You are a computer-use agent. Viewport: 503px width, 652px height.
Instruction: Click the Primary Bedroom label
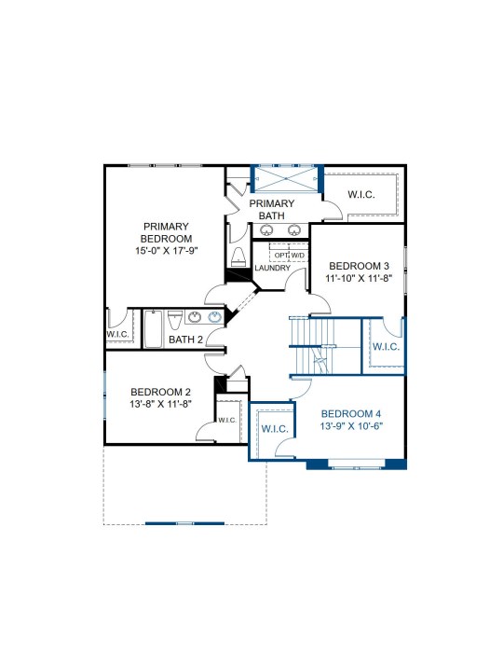pos(166,232)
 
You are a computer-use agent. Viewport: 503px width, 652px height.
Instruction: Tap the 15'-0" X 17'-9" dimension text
pos(166,251)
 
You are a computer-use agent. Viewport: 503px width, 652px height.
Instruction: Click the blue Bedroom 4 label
pos(351,414)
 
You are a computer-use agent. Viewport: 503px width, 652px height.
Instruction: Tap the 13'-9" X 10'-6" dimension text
pos(351,426)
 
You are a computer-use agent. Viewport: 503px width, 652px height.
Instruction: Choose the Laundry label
pos(273,269)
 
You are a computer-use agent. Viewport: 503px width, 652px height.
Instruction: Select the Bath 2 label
pos(185,340)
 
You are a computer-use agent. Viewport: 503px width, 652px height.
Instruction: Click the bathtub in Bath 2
pos(154,328)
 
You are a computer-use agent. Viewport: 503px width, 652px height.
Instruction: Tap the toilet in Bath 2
pos(175,320)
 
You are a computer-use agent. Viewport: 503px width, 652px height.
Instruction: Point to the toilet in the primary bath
pos(238,257)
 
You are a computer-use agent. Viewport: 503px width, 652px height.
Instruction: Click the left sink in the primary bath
pos(266,229)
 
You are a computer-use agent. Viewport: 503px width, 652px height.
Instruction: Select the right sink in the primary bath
pos(294,229)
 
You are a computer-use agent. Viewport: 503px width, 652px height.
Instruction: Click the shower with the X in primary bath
pos(286,179)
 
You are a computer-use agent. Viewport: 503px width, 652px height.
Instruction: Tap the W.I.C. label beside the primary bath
pos(361,194)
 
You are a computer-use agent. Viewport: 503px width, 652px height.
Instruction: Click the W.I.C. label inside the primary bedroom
pos(117,334)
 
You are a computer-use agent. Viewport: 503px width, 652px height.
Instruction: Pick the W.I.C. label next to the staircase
pos(386,347)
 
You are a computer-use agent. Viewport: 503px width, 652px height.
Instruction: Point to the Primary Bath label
pos(272,210)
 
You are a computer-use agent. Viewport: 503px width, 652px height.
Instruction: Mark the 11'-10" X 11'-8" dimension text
pos(359,278)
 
